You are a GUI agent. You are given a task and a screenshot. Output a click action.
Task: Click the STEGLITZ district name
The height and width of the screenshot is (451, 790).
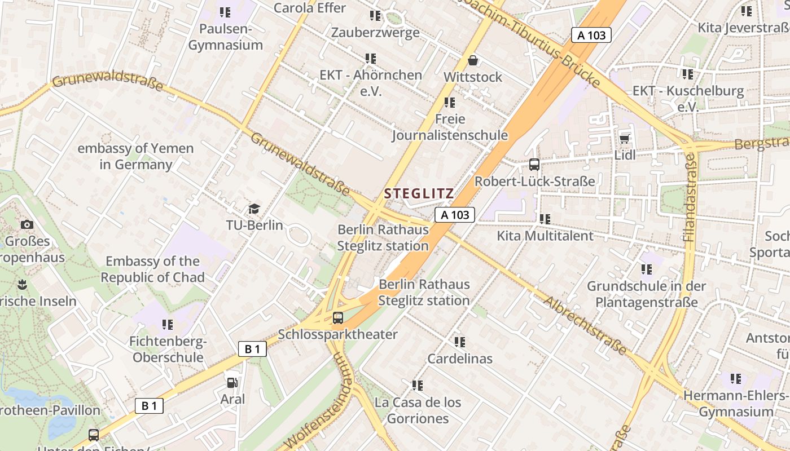[419, 193]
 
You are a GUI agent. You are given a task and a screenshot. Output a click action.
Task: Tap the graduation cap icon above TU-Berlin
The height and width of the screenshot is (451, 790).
[254, 209]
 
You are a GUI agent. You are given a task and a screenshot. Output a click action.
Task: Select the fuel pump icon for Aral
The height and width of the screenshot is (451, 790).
[232, 383]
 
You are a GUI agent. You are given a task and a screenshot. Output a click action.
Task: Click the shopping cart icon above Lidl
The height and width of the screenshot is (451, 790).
[624, 139]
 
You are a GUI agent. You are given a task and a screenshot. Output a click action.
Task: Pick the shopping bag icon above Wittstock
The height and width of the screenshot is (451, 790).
[472, 60]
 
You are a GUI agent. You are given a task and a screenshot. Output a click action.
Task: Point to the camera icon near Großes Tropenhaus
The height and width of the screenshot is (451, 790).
[27, 225]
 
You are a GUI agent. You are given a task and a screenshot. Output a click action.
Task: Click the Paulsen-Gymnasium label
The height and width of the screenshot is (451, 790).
[225, 37]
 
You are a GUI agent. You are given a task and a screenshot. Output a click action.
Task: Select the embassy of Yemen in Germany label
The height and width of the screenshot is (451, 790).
[135, 157]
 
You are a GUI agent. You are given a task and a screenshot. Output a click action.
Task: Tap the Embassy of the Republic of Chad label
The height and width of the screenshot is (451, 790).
[152, 269]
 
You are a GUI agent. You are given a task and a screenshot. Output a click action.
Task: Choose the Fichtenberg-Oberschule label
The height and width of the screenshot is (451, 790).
[168, 350]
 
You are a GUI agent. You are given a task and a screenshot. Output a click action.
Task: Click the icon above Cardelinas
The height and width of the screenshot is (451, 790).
[460, 342]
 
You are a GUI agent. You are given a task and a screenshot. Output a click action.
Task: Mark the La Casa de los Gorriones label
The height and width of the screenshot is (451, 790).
[418, 410]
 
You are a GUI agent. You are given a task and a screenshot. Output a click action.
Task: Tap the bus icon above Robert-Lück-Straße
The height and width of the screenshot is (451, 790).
[534, 165]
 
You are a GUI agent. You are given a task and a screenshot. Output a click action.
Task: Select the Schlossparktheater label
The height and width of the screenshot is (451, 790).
[337, 334]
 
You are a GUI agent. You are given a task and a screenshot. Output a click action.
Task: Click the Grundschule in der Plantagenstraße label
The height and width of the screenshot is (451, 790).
[646, 294]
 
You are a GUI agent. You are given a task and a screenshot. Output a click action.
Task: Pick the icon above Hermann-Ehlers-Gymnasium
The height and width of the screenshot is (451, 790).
[736, 379]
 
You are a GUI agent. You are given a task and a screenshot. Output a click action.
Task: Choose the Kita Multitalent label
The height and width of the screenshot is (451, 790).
[545, 236]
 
